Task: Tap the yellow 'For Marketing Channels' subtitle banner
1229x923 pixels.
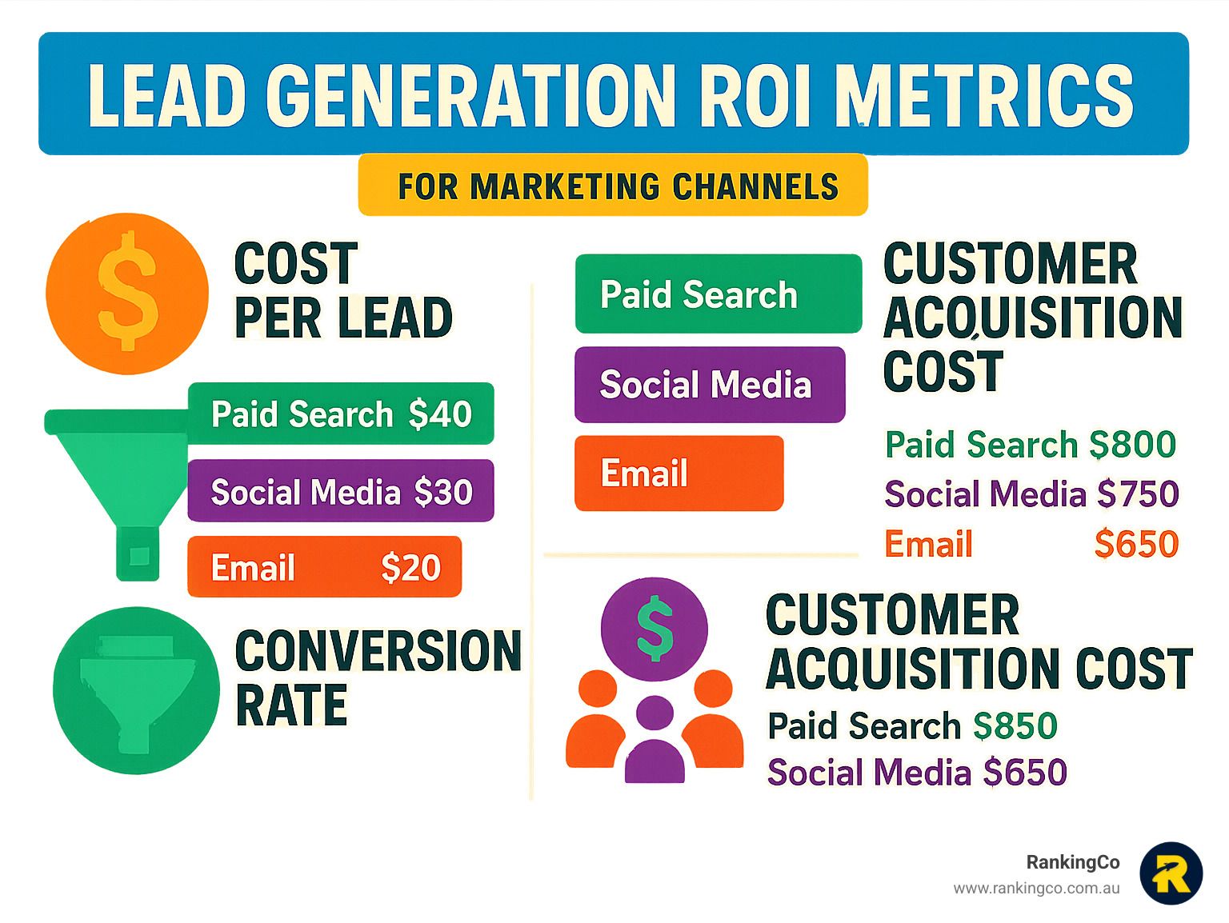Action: coord(613,185)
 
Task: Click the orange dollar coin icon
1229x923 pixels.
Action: coord(127,294)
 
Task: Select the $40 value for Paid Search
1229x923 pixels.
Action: coord(440,414)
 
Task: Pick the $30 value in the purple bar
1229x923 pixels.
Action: coord(443,491)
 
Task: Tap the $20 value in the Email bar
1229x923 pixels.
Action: coord(410,568)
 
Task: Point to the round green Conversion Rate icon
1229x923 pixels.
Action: coord(136,691)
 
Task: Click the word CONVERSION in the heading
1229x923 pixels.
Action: coord(378,649)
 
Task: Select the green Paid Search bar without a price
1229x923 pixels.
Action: coord(719,294)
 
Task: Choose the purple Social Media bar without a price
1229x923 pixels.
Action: coord(710,385)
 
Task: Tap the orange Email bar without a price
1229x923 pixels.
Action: coord(679,473)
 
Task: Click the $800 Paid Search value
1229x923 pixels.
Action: coord(1132,445)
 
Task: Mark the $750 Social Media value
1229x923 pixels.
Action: coord(1138,493)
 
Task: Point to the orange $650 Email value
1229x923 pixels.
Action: coord(1137,544)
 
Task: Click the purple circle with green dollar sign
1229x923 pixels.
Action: coord(654,629)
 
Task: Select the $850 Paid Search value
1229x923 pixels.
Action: coord(1015,725)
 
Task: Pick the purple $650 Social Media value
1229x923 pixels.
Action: coord(1025,772)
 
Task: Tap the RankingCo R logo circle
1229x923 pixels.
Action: coord(1171,873)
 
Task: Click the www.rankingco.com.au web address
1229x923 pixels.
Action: coord(1036,889)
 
